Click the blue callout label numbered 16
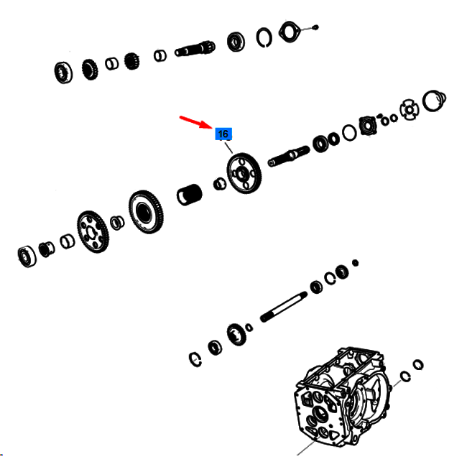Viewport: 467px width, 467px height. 223,134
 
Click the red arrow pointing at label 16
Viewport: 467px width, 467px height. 195,122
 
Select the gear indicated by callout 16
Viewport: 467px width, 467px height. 244,173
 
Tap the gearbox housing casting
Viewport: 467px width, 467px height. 341,397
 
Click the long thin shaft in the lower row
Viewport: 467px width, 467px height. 284,307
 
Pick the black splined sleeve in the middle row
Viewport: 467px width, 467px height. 190,195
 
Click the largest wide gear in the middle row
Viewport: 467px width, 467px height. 146,212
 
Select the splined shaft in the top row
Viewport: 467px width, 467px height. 195,49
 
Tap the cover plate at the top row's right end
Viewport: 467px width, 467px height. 289,32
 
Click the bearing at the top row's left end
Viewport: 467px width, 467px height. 63,73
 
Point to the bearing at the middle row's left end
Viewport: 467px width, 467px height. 27,256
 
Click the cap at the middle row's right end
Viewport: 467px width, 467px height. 434,101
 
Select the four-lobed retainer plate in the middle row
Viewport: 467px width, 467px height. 410,110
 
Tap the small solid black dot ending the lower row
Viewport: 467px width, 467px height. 355,263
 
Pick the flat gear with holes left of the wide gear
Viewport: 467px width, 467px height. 93,232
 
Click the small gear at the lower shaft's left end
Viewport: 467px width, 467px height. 236,334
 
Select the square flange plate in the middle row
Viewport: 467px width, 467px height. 368,126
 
